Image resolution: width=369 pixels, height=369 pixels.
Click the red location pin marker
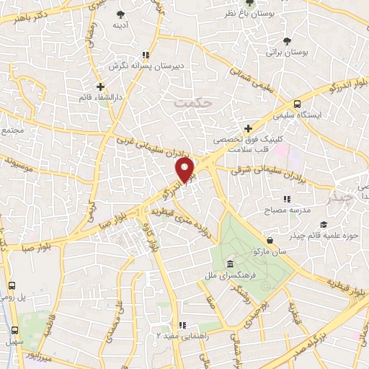[186, 170]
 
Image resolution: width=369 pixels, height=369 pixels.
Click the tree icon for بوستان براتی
[288, 41]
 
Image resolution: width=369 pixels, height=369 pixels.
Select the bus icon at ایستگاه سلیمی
[298, 104]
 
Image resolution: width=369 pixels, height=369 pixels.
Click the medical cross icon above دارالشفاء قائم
[100, 87]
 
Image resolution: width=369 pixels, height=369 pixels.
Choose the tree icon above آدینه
[120, 14]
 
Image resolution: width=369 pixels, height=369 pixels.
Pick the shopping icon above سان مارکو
[270, 241]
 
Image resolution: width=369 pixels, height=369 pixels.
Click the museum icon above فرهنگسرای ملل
[229, 263]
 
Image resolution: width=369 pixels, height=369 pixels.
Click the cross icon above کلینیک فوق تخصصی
[248, 128]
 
